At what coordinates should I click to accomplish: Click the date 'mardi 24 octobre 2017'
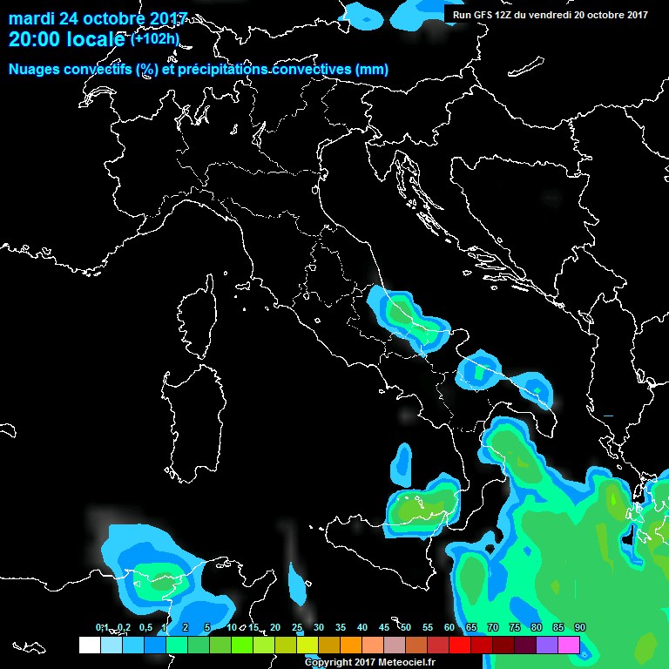coord(98,18)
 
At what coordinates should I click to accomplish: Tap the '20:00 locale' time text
coord(69,40)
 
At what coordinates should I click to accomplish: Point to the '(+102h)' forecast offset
coord(155,39)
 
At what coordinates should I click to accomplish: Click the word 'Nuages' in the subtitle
coord(33,70)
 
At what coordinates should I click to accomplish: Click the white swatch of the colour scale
coord(89,645)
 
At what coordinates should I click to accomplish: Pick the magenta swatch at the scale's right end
coord(569,645)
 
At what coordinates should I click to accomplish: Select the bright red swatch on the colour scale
coord(460,645)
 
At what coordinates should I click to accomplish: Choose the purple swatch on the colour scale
coord(547,645)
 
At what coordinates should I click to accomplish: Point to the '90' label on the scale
coord(579,628)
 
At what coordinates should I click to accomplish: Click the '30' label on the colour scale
coord(318,628)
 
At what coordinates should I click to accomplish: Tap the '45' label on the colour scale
coord(383,628)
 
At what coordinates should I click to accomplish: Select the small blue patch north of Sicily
coord(402,462)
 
